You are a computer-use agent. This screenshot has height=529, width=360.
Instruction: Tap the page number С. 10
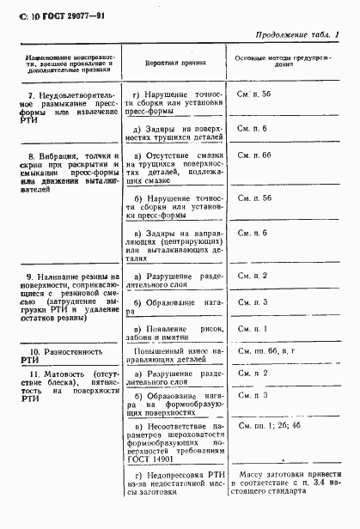26,15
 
